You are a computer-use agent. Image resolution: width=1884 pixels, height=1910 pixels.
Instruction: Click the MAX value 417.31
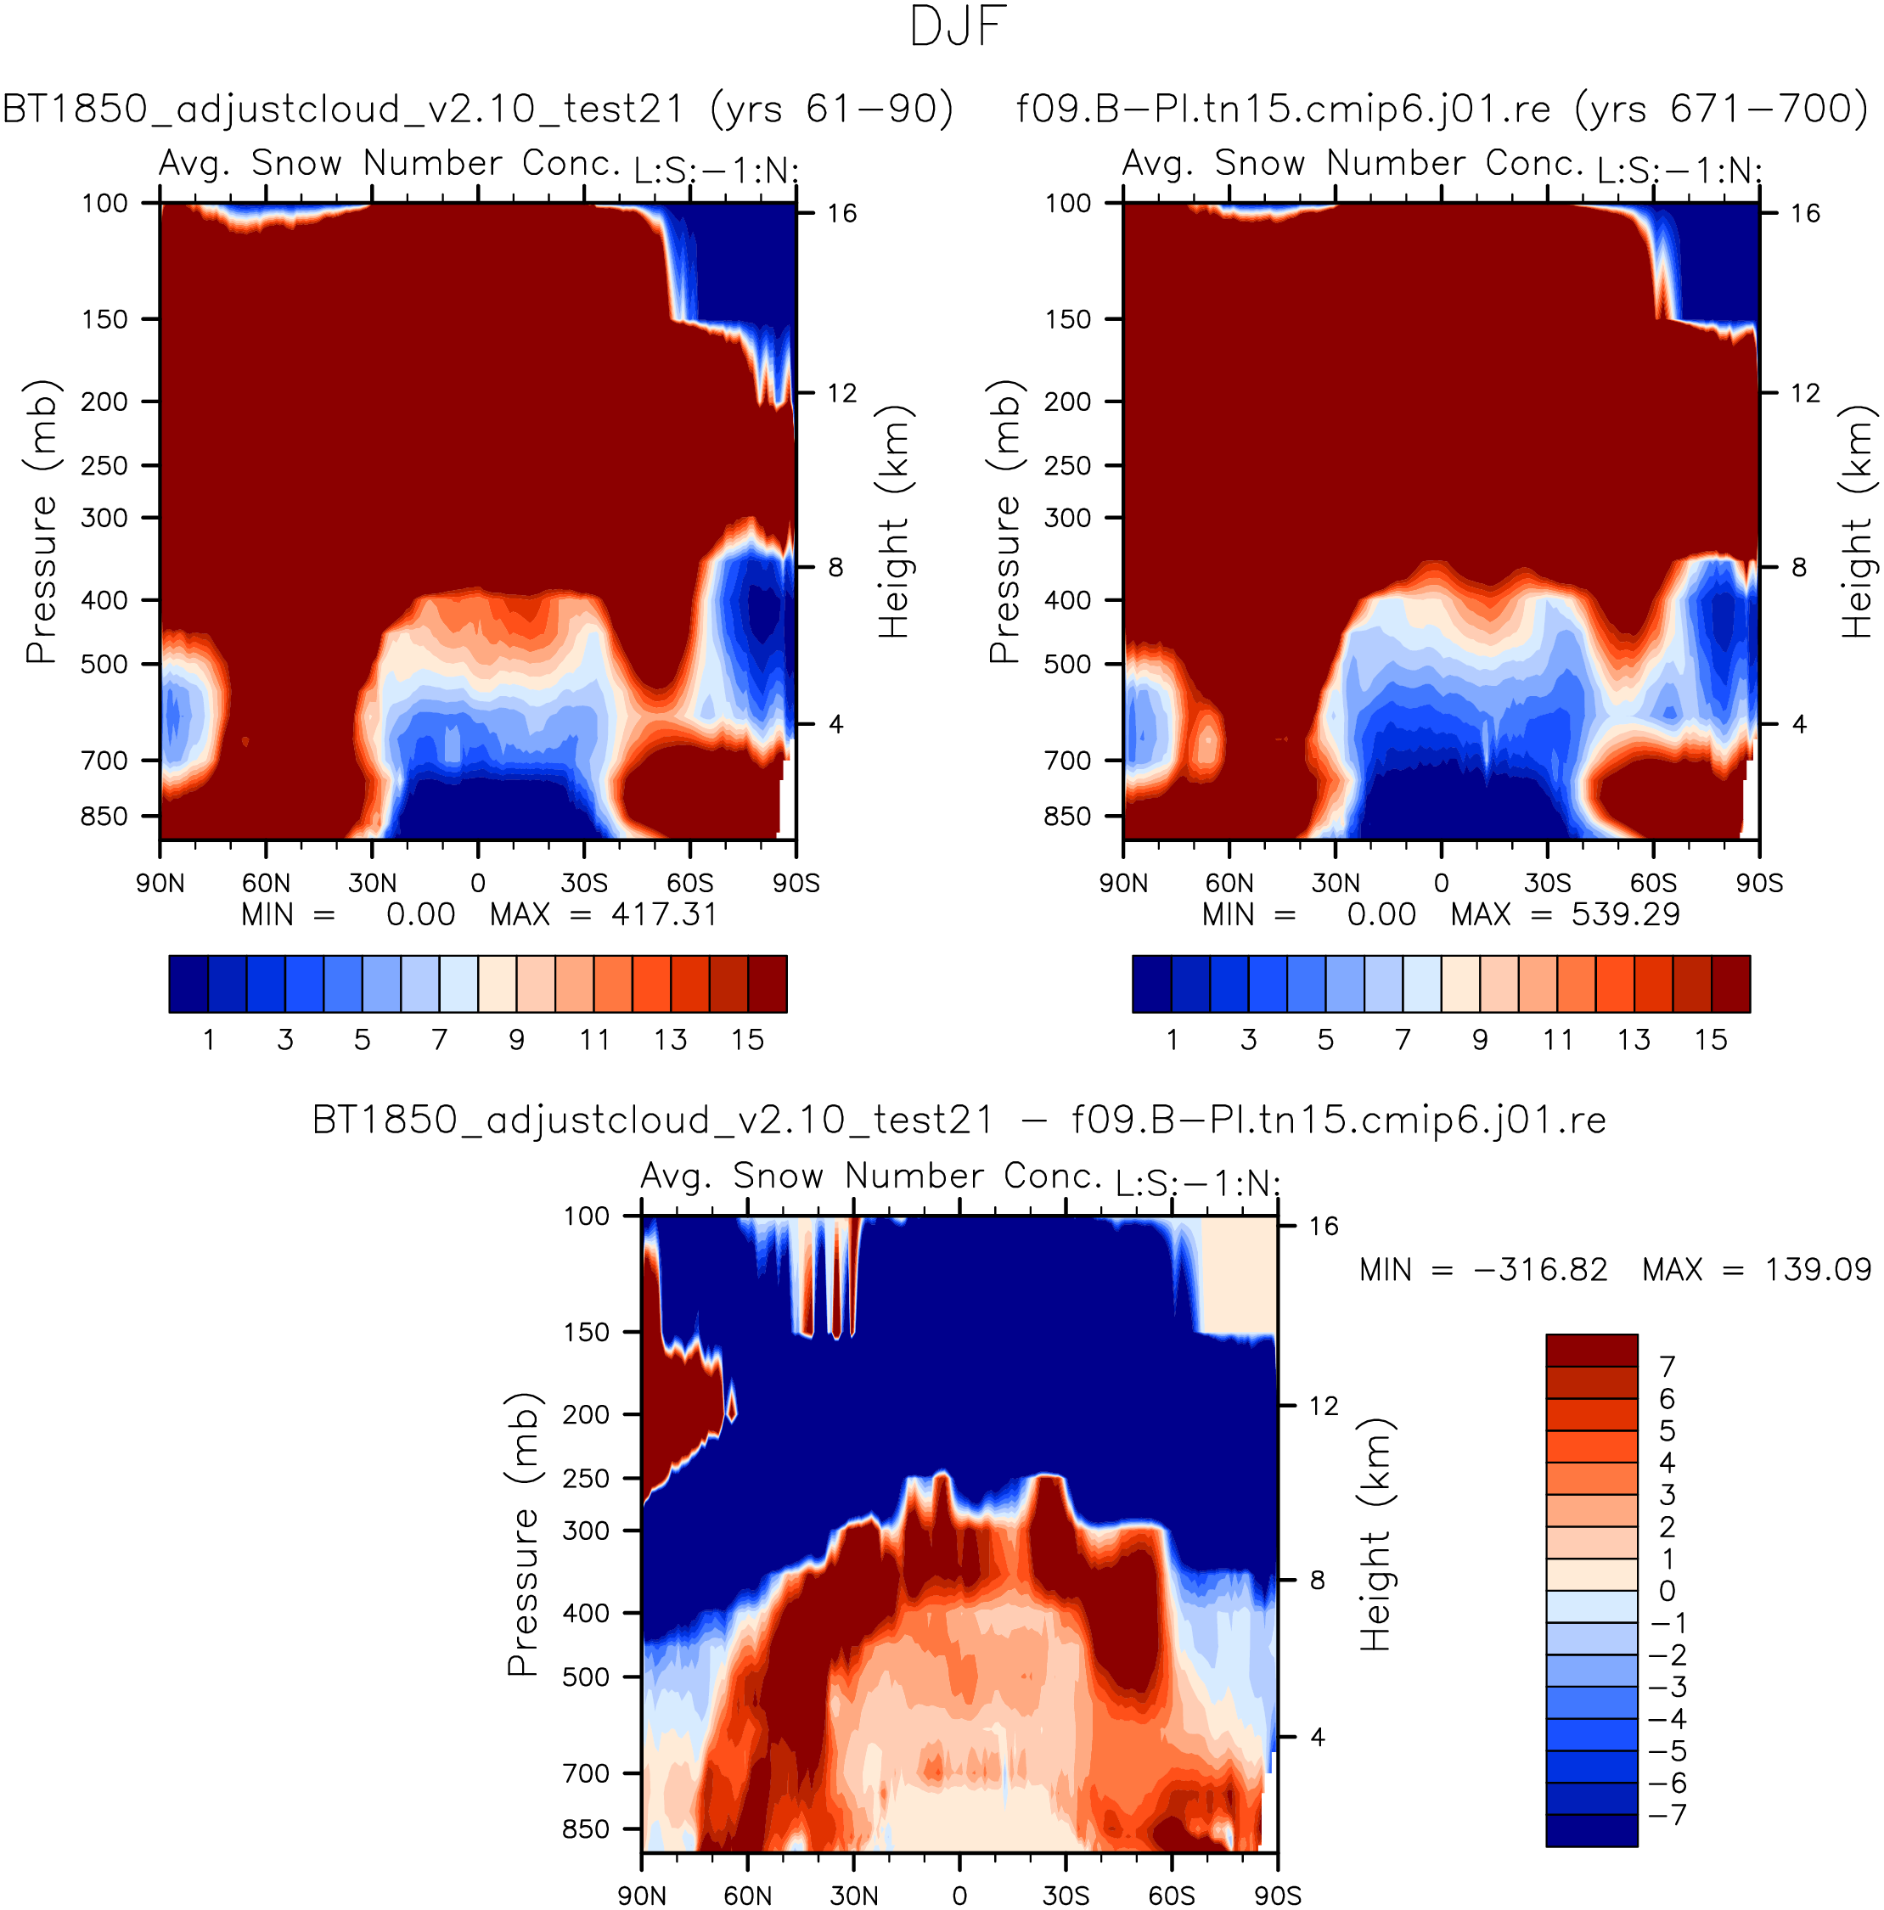(664, 914)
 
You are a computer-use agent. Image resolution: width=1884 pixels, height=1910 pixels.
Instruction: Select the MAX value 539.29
(1625, 914)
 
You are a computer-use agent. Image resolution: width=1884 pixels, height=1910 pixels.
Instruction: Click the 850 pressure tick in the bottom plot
(586, 1829)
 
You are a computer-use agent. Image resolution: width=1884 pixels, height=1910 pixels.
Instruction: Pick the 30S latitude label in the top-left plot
(583, 883)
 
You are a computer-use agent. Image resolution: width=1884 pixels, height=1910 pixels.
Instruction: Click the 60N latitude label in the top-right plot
(1229, 883)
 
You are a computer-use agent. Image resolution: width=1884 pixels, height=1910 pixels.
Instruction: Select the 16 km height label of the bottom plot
(1324, 1226)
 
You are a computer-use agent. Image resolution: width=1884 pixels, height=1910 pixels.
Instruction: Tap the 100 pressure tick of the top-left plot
(104, 204)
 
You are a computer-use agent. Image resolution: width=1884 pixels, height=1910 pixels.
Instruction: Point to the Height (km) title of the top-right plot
(1858, 521)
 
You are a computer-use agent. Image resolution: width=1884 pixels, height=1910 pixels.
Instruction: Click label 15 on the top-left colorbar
(748, 1039)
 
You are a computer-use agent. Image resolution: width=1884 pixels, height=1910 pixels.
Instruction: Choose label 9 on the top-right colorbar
(1480, 1039)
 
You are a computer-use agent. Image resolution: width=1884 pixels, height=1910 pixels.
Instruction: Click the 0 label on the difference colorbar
(1667, 1591)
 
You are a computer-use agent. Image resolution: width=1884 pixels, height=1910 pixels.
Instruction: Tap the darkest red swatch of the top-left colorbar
(768, 984)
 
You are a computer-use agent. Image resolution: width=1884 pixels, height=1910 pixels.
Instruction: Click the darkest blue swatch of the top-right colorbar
(1152, 984)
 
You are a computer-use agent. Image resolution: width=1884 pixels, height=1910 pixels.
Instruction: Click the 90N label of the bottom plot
(642, 1896)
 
